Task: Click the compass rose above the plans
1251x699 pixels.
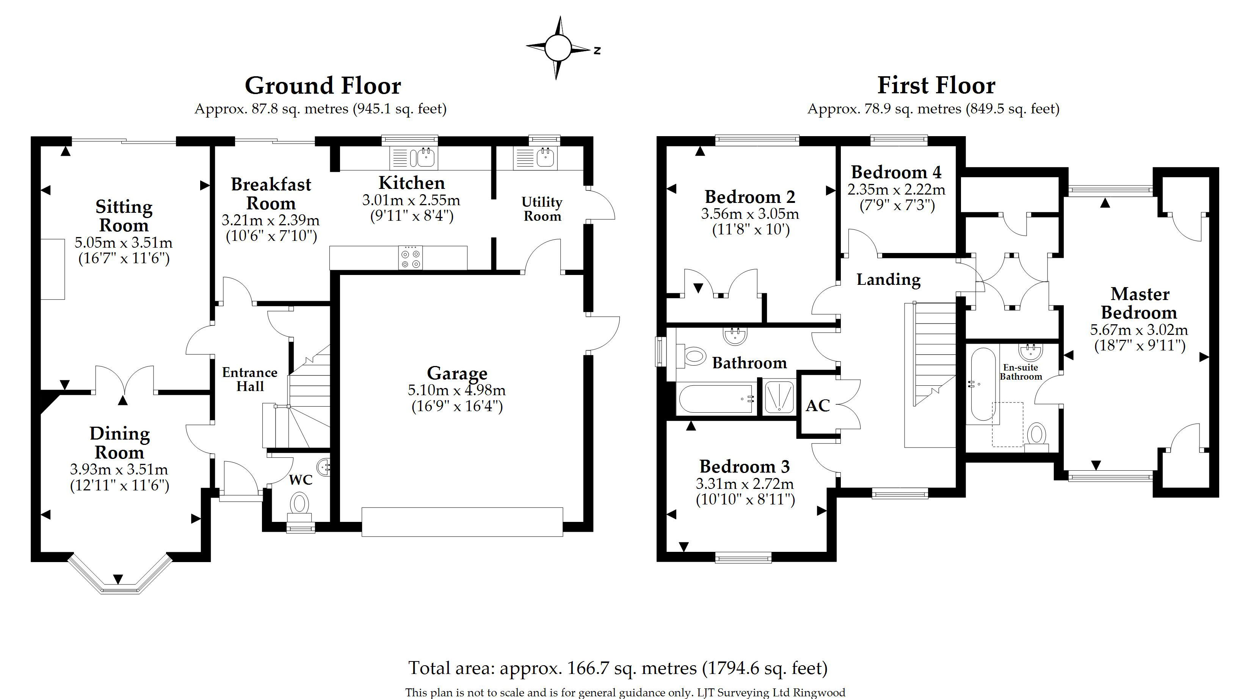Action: tap(558, 48)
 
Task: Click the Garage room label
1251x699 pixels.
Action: tap(457, 373)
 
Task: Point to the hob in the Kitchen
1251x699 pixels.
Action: tap(410, 258)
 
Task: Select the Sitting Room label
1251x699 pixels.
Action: tap(124, 216)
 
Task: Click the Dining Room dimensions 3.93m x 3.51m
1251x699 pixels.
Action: tap(119, 470)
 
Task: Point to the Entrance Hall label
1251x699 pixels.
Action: tap(249, 379)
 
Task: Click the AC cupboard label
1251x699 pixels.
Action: tap(818, 405)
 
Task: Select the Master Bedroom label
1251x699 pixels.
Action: tap(1139, 303)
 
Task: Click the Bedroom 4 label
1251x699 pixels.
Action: tap(896, 173)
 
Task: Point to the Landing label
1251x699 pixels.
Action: tap(888, 280)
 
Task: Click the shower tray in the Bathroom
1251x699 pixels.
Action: tap(779, 398)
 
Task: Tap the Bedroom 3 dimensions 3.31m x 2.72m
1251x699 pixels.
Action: tap(745, 484)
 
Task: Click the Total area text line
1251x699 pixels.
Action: tap(618, 668)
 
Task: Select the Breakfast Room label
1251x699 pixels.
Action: tap(271, 194)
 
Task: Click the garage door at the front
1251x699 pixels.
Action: tap(462, 522)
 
